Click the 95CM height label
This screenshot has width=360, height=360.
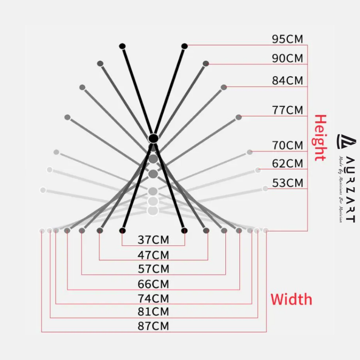click(287, 39)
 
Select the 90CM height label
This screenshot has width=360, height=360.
click(287, 58)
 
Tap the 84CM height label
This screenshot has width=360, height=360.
click(287, 80)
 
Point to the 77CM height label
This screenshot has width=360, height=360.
click(287, 110)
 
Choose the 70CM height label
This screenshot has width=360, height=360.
click(287, 145)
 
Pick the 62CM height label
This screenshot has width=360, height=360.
click(287, 163)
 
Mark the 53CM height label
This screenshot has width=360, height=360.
click(287, 183)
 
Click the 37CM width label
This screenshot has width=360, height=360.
click(153, 239)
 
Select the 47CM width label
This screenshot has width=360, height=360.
click(153, 255)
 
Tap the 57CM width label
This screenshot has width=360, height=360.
click(153, 269)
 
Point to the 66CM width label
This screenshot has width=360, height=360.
click(153, 284)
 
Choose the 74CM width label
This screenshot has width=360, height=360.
click(153, 298)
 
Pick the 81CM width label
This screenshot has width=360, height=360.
click(153, 311)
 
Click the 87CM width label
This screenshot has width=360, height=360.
click(153, 326)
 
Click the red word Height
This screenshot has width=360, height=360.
click(320, 138)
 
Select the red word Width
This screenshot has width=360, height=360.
click(291, 300)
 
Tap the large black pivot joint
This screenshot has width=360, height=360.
click(153, 138)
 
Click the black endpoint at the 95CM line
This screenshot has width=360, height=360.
click(185, 46)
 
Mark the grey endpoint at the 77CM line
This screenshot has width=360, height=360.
click(238, 117)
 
